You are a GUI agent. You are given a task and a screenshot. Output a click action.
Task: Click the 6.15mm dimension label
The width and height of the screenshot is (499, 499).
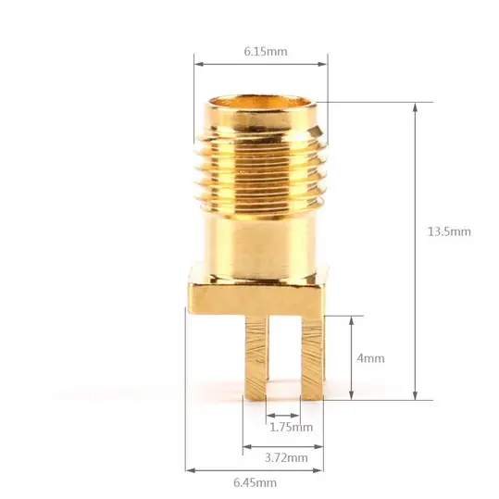coord(266,52)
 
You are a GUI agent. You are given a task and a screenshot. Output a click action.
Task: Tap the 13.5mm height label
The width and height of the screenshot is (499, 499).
coord(449,231)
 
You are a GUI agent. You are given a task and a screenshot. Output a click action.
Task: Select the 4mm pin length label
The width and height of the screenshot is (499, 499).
coord(370,358)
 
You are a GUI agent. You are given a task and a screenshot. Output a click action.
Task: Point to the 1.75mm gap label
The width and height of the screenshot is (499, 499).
coord(292,427)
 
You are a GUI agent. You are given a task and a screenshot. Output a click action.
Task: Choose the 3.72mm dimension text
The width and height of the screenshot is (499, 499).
coord(286,458)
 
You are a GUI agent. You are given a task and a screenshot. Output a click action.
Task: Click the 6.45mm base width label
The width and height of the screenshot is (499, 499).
coord(255,482)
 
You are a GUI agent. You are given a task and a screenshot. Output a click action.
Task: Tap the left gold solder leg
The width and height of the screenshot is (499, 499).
coord(256,357)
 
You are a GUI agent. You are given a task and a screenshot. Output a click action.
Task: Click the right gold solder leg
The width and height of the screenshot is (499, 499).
coord(313,357)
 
